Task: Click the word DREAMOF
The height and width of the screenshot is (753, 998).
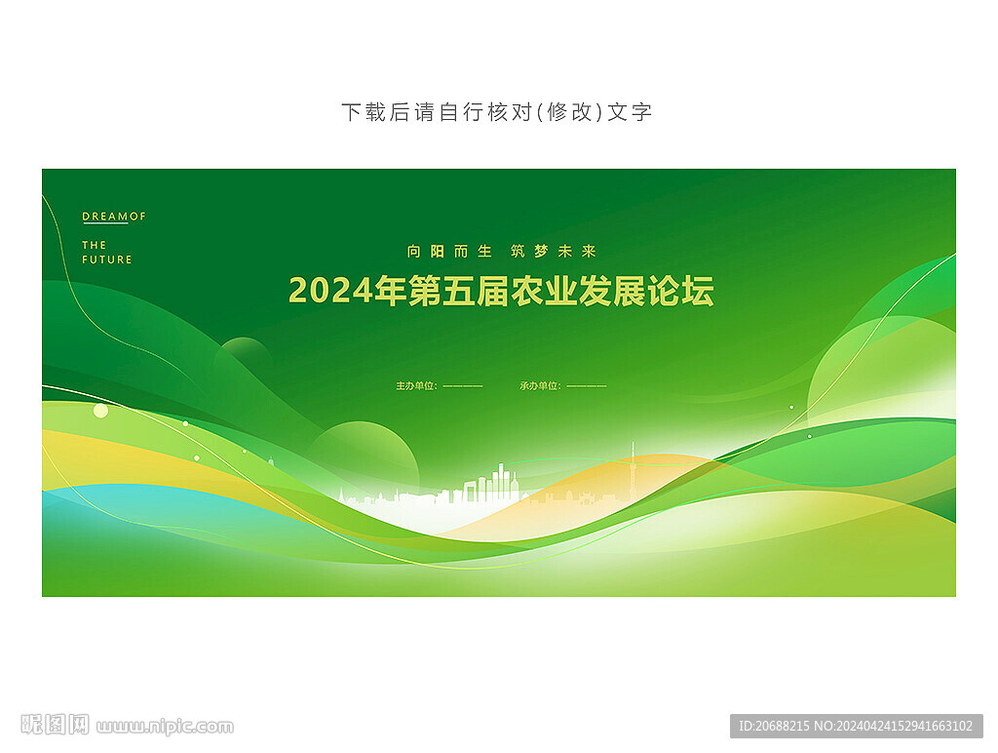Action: pos(114,217)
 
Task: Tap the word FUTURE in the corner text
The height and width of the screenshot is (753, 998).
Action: pos(107,259)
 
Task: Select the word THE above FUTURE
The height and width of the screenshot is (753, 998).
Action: pos(95,245)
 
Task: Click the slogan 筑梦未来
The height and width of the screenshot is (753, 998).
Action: pos(554,252)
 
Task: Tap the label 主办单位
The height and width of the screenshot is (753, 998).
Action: pos(414,385)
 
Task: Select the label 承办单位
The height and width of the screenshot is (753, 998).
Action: pos(538,385)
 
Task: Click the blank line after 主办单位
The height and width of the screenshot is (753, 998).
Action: pos(463,386)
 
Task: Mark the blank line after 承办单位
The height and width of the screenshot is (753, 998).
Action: pos(586,386)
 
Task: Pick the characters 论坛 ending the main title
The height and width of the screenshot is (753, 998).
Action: pos(680,291)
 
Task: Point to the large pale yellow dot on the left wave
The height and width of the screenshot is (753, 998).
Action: pos(100,411)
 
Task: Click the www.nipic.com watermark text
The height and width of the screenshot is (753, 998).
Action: pos(166,727)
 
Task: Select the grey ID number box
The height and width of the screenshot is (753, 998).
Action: pos(856,727)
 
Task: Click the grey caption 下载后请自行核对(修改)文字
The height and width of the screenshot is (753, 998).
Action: pos(497,112)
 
